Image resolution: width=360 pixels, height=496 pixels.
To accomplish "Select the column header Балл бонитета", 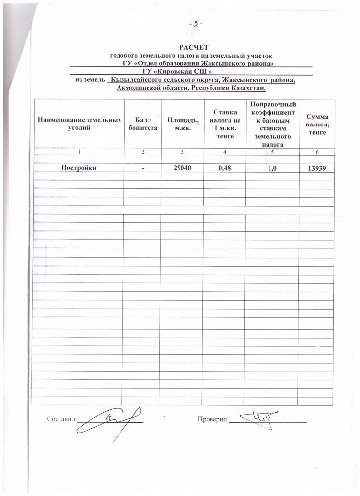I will tap(142, 124).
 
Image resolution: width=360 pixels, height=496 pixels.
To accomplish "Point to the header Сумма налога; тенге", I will tap(317, 124).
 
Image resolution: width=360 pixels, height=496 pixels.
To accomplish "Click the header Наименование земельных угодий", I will tap(79, 124).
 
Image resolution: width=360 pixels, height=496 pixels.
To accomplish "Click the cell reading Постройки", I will tap(78, 168).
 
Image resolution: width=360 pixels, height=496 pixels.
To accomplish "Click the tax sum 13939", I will tap(317, 168).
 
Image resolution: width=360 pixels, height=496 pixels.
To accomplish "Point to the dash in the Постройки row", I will tap(142, 168).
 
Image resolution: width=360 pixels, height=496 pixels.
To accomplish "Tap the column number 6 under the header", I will tap(317, 151).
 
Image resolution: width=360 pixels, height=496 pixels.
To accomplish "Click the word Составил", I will tap(60, 419).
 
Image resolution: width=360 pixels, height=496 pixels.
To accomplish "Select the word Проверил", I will tap(213, 419).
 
